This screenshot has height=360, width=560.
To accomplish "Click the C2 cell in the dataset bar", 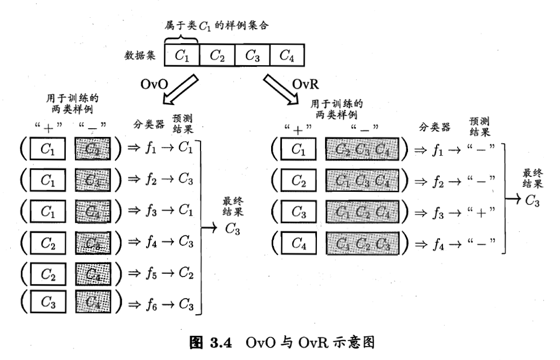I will [x=217, y=55].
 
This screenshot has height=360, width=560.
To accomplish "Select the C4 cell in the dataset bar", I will [x=286, y=55].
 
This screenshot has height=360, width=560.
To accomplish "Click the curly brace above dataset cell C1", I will [x=182, y=39].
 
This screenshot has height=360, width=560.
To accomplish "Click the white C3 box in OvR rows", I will [x=299, y=212].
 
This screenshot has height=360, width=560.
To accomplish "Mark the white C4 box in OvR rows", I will [x=299, y=243].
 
